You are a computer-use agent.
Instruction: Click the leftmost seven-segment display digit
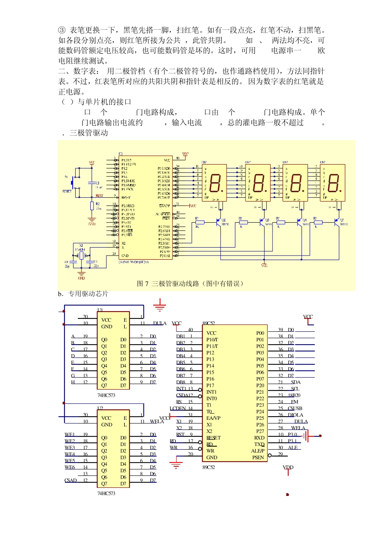pos(215,183)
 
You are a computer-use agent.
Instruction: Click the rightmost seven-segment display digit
pos(333,183)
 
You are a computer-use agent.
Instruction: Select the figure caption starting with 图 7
pos(190,284)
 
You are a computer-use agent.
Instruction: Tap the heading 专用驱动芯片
pos(88,294)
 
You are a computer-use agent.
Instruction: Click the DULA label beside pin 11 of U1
pos(160,323)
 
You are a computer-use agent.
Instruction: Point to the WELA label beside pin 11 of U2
pos(157,421)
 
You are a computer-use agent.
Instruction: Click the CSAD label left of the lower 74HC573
pos(71,480)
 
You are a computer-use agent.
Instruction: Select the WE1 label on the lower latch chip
pos(69,435)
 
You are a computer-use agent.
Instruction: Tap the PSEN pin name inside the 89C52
pos(258,457)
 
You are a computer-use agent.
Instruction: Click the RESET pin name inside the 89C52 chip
pos(214,438)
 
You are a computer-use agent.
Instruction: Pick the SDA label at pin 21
pos(296,382)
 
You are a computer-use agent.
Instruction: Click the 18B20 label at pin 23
pos(294,395)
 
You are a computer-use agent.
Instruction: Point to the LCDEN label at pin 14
pos(178,408)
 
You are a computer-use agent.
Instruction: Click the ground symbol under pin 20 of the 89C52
pos(176,465)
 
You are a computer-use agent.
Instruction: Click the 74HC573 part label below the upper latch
pos(106,395)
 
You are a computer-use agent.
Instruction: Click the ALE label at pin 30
pos(293,448)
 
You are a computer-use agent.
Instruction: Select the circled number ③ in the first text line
pos(62,30)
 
